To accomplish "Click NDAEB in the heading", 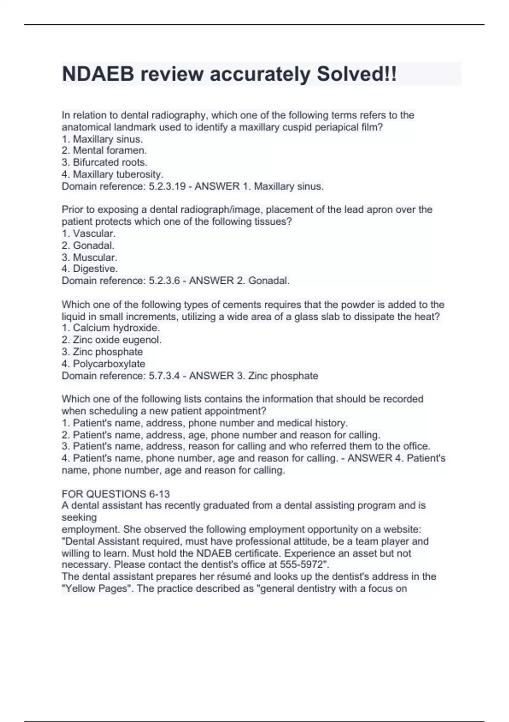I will (98, 74).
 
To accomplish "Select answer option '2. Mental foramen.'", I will (104, 150).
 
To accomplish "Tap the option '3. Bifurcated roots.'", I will (105, 162).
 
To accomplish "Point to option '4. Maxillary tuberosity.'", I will (112, 174).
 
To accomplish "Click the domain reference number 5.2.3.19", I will (167, 186).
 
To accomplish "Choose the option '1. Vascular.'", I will (89, 234).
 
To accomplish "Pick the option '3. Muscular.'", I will (89, 257).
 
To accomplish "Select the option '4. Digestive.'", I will (90, 269).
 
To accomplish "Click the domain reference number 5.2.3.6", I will (165, 281).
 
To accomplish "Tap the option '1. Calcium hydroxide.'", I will (111, 328).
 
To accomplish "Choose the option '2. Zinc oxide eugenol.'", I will (112, 340).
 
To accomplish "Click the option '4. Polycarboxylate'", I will (103, 364).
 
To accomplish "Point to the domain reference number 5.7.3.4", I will (165, 376).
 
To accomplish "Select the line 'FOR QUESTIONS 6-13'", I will (116, 494).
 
